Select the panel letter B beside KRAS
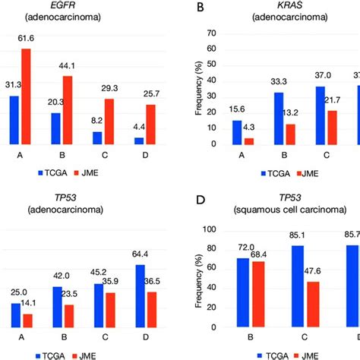click(x=199, y=7)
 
